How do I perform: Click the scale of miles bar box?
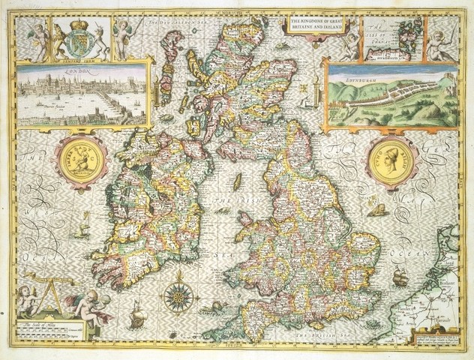click(x=49, y=330)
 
